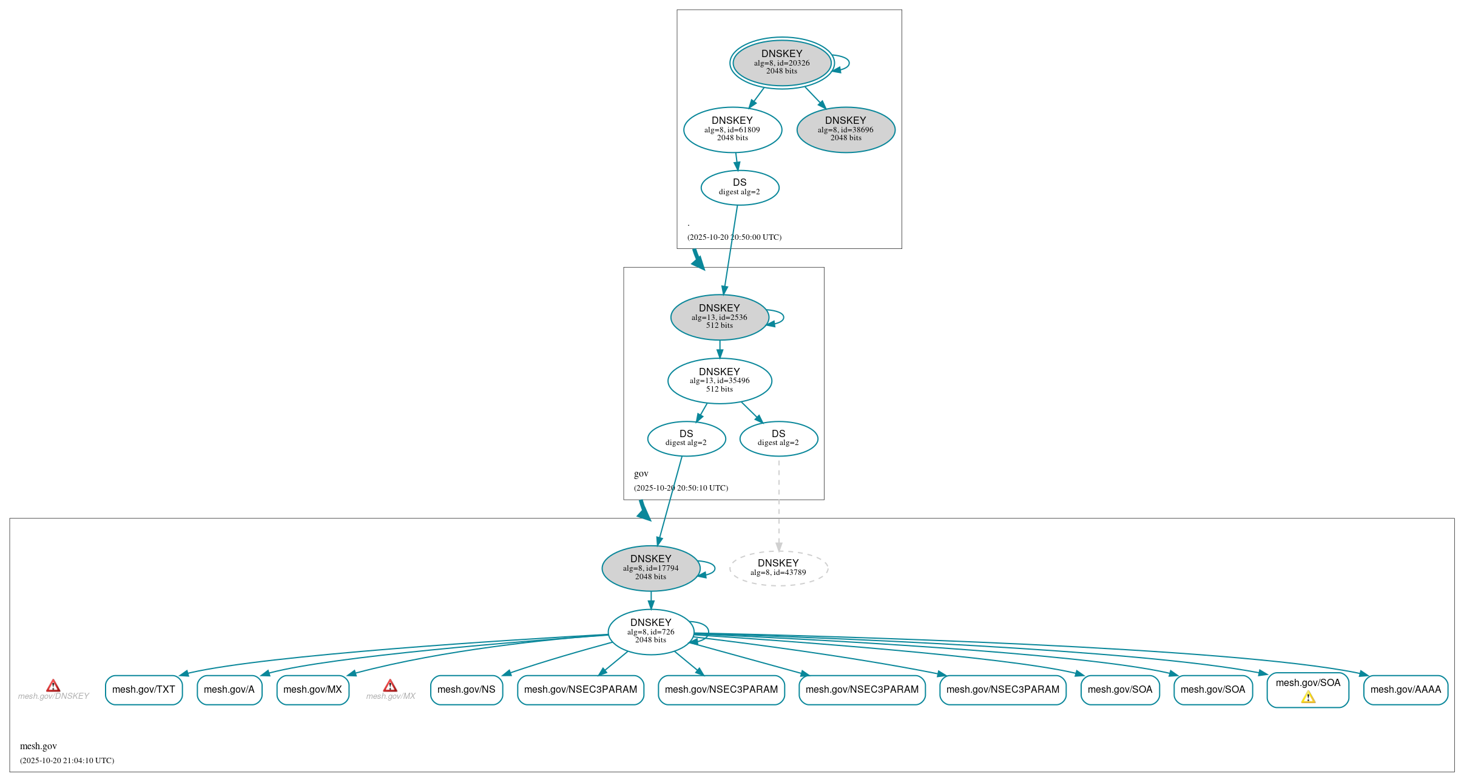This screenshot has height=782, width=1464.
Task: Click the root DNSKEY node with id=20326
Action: point(781,63)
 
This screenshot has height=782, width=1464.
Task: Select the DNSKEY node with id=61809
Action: point(732,129)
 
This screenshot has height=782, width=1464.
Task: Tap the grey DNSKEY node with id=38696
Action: point(845,129)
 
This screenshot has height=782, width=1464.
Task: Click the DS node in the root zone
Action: point(740,188)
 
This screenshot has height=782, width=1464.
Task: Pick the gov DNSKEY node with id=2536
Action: point(720,317)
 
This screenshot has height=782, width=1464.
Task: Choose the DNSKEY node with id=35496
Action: point(720,381)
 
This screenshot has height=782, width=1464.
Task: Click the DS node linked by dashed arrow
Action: point(778,438)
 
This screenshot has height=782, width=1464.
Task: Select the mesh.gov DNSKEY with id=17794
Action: point(650,568)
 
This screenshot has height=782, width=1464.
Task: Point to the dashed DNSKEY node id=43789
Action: point(778,568)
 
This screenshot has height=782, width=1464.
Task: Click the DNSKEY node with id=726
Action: point(650,632)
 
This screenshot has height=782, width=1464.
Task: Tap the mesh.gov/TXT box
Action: point(144,690)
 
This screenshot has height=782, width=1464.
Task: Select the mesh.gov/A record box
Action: point(229,690)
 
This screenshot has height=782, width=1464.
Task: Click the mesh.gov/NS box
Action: point(467,690)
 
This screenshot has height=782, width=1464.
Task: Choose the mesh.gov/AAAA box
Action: point(1405,690)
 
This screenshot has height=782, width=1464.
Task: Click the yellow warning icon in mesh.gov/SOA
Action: point(1308,698)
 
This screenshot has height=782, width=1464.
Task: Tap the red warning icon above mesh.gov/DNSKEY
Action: point(53,686)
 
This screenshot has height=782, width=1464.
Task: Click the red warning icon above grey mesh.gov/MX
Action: point(390,686)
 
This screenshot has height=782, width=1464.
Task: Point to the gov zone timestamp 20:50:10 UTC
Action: point(681,488)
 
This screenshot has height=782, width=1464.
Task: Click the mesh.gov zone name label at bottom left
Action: point(38,746)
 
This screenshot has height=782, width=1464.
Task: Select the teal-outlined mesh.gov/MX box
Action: point(312,690)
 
